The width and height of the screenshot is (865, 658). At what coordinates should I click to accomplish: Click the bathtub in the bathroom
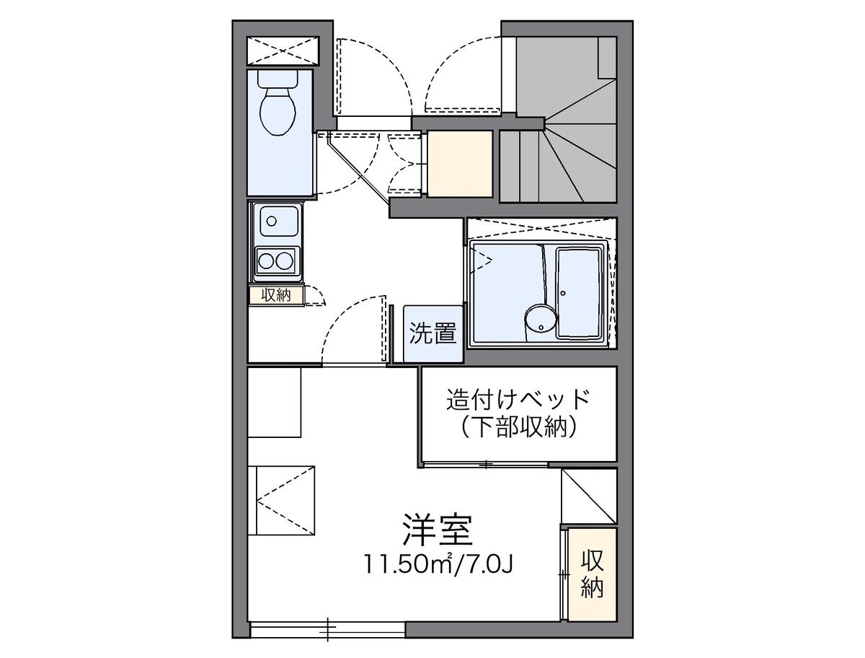[x=580, y=292]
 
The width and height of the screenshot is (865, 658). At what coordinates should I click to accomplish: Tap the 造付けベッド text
[x=518, y=398]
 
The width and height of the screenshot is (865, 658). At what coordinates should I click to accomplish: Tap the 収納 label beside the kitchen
[x=276, y=295]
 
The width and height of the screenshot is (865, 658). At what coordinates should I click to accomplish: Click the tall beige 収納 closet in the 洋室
[x=592, y=574]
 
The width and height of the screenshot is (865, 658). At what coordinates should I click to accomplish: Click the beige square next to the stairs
[x=460, y=163]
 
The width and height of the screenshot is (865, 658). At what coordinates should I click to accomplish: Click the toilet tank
[x=278, y=78]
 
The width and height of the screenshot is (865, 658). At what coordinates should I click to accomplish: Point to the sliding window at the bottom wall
[x=328, y=628]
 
